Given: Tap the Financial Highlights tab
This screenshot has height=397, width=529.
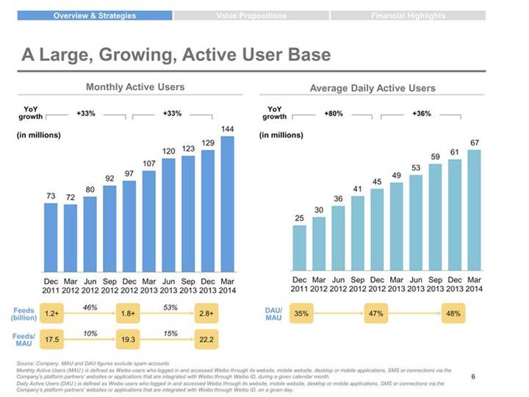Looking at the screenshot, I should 407,15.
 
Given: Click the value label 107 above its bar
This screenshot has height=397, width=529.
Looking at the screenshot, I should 148,163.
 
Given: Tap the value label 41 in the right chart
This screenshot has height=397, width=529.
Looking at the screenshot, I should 358,189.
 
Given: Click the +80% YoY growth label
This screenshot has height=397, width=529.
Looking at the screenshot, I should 334,114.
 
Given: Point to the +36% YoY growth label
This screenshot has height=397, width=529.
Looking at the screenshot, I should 422,114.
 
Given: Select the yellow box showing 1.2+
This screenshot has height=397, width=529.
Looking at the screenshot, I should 51,314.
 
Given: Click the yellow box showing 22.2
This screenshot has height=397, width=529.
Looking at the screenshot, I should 206,339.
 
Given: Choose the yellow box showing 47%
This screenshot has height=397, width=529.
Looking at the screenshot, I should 378,314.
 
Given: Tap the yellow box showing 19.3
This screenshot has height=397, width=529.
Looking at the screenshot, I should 129,339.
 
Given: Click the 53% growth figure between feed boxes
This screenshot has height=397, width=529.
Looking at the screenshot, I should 170,307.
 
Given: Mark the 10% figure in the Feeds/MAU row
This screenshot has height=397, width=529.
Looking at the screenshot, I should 90,333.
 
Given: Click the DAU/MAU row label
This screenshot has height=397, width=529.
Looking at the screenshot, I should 273,314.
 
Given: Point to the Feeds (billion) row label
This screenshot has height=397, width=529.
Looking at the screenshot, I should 24,314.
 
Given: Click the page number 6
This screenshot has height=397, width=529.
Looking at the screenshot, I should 472,376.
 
